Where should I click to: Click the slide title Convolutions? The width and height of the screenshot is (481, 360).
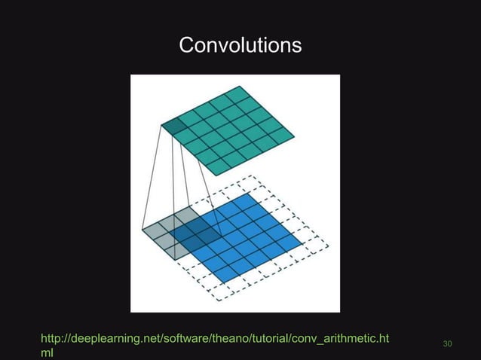(x=240, y=46)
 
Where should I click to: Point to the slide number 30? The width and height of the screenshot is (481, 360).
(x=447, y=344)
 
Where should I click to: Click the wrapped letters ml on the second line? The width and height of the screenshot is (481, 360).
(x=46, y=352)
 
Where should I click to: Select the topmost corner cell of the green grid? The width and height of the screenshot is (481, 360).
(x=236, y=94)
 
